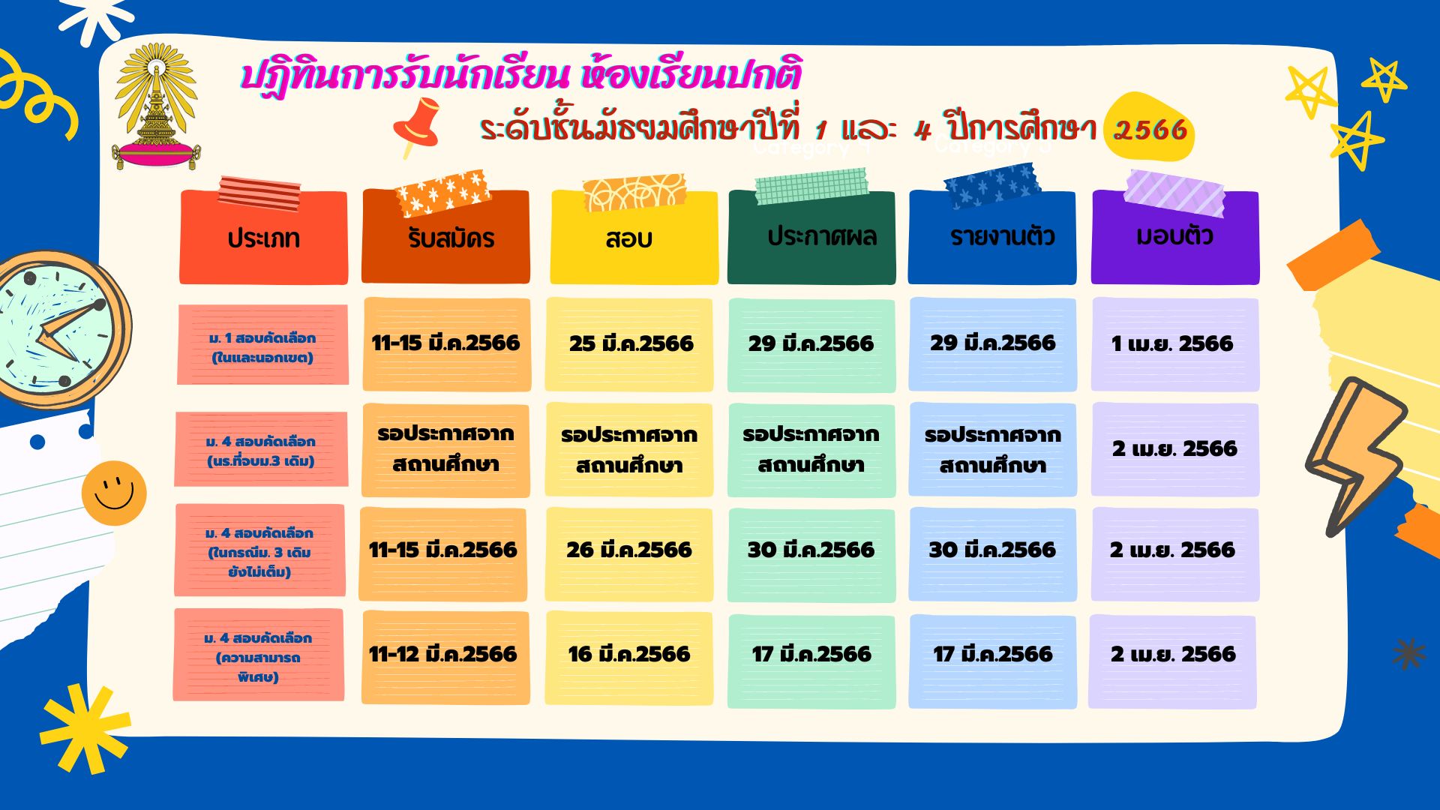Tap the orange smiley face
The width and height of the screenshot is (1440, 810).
(114, 493)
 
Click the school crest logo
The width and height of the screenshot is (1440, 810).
(157, 106)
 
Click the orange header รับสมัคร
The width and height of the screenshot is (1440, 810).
(445, 237)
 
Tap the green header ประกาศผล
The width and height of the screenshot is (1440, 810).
(811, 237)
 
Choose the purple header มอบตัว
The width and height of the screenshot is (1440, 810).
(1175, 237)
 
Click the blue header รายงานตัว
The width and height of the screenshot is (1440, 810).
(992, 237)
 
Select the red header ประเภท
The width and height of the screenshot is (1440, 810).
(263, 237)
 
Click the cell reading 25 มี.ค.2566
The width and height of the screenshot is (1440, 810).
(629, 344)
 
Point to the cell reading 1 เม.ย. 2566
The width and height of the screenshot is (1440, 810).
(1175, 344)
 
